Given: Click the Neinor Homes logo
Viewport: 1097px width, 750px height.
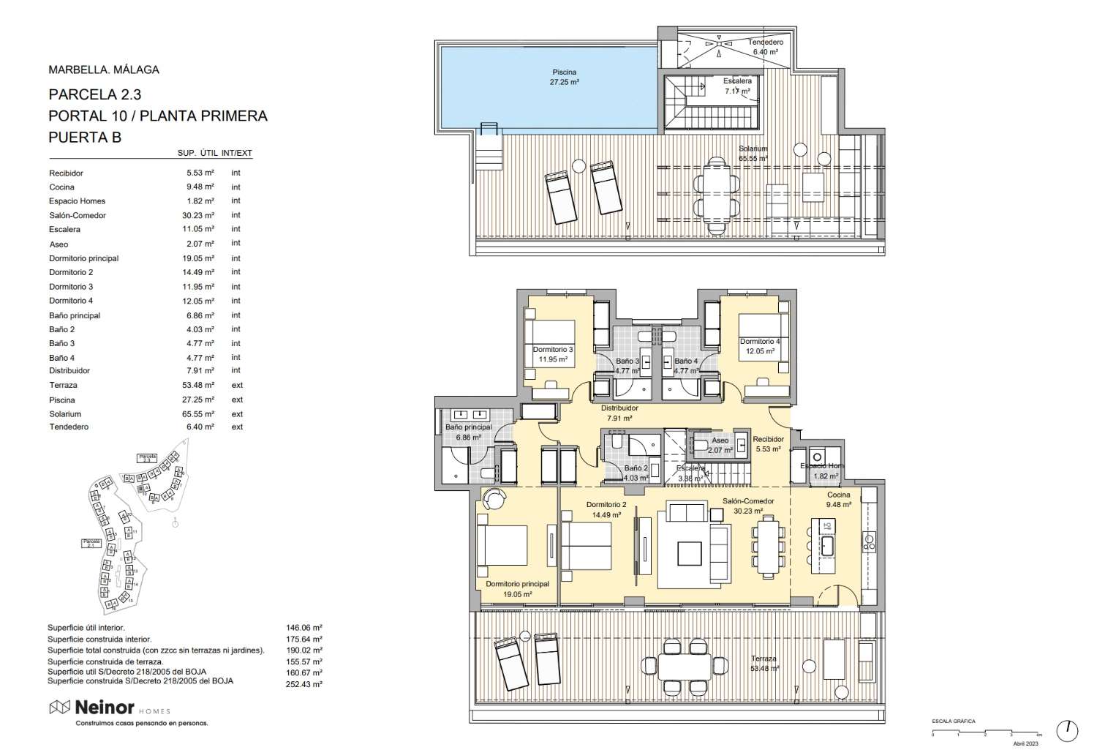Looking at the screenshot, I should point(110,708).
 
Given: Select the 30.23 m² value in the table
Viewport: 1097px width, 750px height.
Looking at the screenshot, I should point(200,216).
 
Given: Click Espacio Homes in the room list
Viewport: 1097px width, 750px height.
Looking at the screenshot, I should point(77,201).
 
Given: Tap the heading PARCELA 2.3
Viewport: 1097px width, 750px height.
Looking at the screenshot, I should point(94,94).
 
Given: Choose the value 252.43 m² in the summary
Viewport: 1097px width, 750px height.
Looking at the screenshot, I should point(304,684).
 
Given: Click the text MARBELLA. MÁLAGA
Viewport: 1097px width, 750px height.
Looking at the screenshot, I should point(103,70).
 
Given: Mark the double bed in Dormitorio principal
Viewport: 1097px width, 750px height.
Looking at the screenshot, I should point(502,545).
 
